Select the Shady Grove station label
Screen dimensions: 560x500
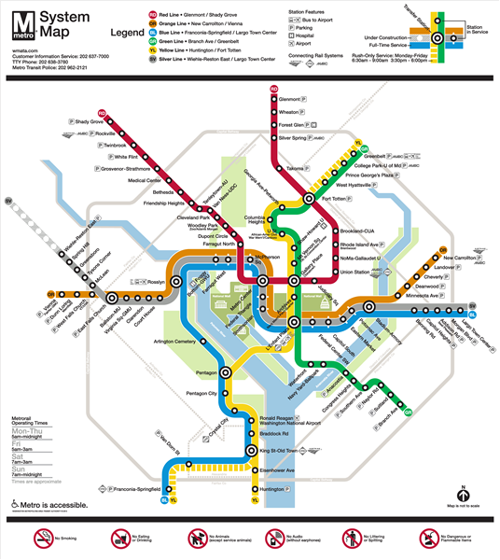pyautogui.click(x=89, y=122)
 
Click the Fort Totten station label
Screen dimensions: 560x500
pyautogui.click(x=336, y=198)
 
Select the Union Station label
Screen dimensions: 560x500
pyautogui.click(x=354, y=272)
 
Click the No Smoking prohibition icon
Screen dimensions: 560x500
pyautogui.click(x=41, y=538)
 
